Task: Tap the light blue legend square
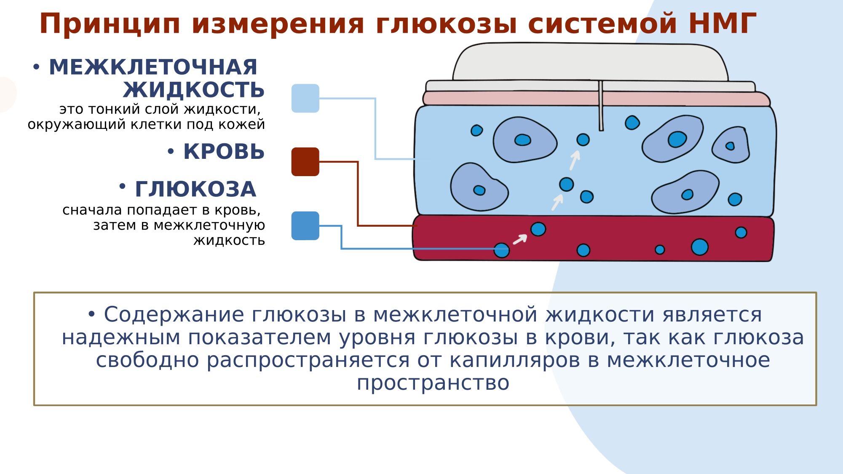pos(305,98)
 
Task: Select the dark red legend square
pos(305,162)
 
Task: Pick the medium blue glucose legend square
pos(305,226)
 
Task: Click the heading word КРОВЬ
pos(224,152)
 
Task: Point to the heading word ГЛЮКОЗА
pos(195,189)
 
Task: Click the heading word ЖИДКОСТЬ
pos(194,90)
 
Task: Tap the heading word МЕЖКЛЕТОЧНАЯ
pos(153,67)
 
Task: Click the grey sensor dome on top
pos(590,61)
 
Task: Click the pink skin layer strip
pos(506,98)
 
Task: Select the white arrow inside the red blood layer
pos(520,239)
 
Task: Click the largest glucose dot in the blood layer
pos(699,247)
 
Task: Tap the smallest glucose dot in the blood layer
pos(660,250)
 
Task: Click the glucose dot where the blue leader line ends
pos(501,250)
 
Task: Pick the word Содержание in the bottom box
pos(174,315)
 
